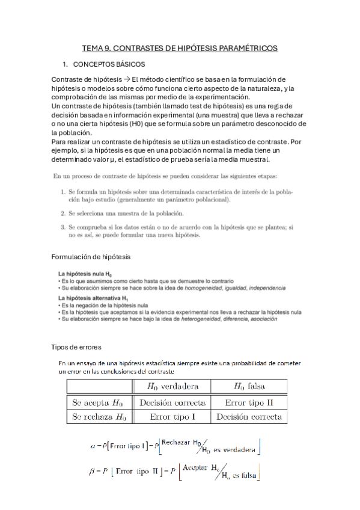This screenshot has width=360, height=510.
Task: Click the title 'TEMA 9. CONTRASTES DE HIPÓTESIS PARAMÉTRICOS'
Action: click(x=180, y=49)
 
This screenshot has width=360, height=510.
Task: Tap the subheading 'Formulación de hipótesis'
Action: click(x=91, y=257)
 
